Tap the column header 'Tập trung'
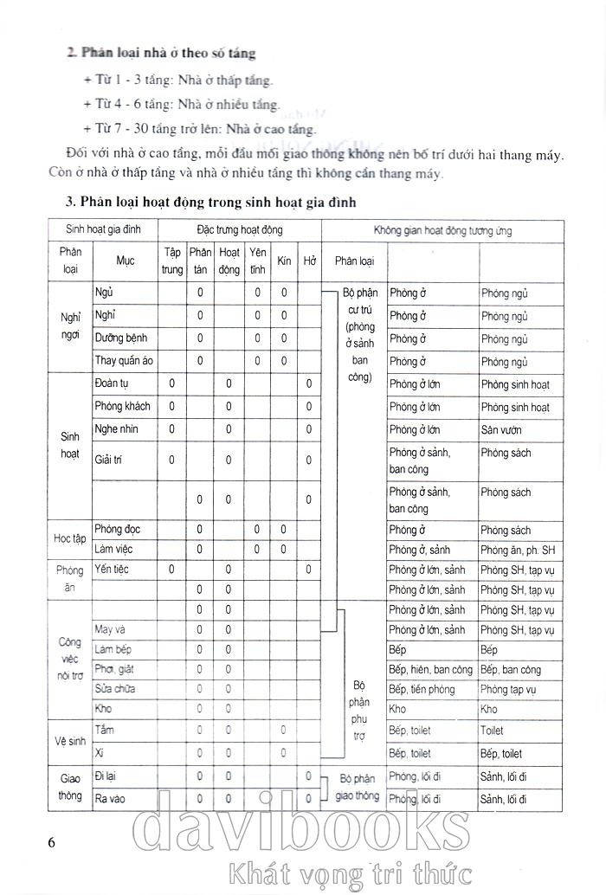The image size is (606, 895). coord(172,261)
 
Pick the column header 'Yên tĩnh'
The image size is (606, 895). coord(257,261)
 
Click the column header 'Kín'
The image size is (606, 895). coord(284,261)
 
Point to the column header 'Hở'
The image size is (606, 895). coord(309,261)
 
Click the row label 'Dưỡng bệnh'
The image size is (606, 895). coord(120,338)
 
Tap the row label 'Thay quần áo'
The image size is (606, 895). coord(124,361)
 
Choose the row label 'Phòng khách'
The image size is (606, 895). coord(122,406)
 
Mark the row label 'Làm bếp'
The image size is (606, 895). coord(114,649)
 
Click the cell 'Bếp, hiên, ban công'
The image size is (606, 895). coord(430,669)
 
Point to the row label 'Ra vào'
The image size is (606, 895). coord(111,797)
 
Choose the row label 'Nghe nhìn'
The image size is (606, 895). coord(117,428)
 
